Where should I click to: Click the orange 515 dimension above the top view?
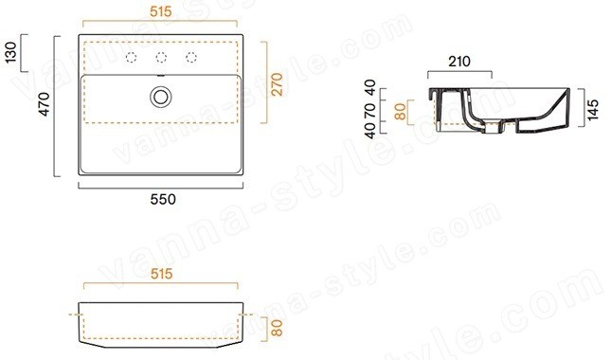(x=160, y=11)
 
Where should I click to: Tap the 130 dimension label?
(x=11, y=53)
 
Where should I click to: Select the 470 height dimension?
(x=44, y=104)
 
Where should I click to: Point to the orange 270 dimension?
(x=277, y=84)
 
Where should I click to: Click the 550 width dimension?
(x=163, y=199)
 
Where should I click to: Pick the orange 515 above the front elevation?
(x=161, y=274)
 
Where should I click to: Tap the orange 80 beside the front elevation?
(x=277, y=328)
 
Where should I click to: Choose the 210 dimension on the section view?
(x=459, y=62)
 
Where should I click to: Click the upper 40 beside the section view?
(x=369, y=88)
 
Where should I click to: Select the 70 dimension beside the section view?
(x=369, y=111)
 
